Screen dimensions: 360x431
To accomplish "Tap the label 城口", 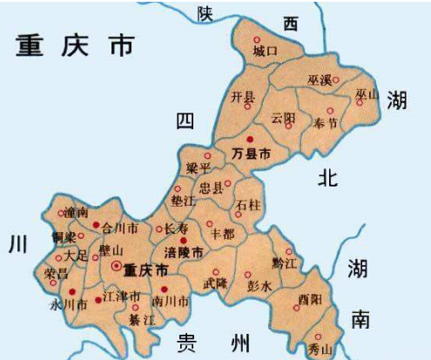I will click(264, 51).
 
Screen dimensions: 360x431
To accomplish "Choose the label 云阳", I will click(284, 117).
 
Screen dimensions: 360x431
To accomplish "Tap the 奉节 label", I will click(325, 120).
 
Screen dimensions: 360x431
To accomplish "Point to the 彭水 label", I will click(259, 285).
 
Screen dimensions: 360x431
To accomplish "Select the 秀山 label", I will click(320, 349).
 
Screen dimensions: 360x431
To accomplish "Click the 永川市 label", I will click(67, 305).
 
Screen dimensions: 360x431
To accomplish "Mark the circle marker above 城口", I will click(256, 40).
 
